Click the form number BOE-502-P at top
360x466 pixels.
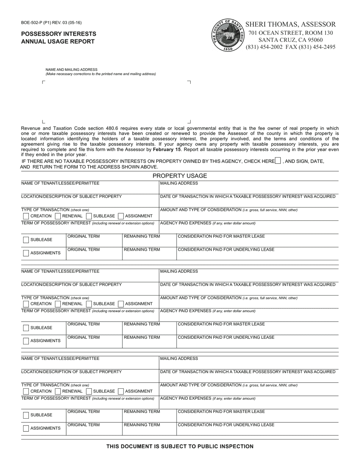[51, 23]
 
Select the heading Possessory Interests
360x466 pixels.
[59, 34]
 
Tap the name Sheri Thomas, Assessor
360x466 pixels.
[291, 24]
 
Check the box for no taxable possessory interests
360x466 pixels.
[278, 161]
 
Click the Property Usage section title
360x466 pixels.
[180, 176]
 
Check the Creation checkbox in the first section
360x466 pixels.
[26, 216]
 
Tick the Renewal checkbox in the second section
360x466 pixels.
[58, 304]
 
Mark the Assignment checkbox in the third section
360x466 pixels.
[121, 391]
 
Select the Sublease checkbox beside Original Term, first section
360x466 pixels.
[26, 240]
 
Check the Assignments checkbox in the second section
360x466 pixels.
[26, 341]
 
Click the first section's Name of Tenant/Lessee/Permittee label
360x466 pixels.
[60, 183]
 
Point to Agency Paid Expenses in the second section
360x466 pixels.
[208, 311]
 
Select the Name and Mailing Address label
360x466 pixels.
[71, 70]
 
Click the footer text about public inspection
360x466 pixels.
[180, 447]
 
